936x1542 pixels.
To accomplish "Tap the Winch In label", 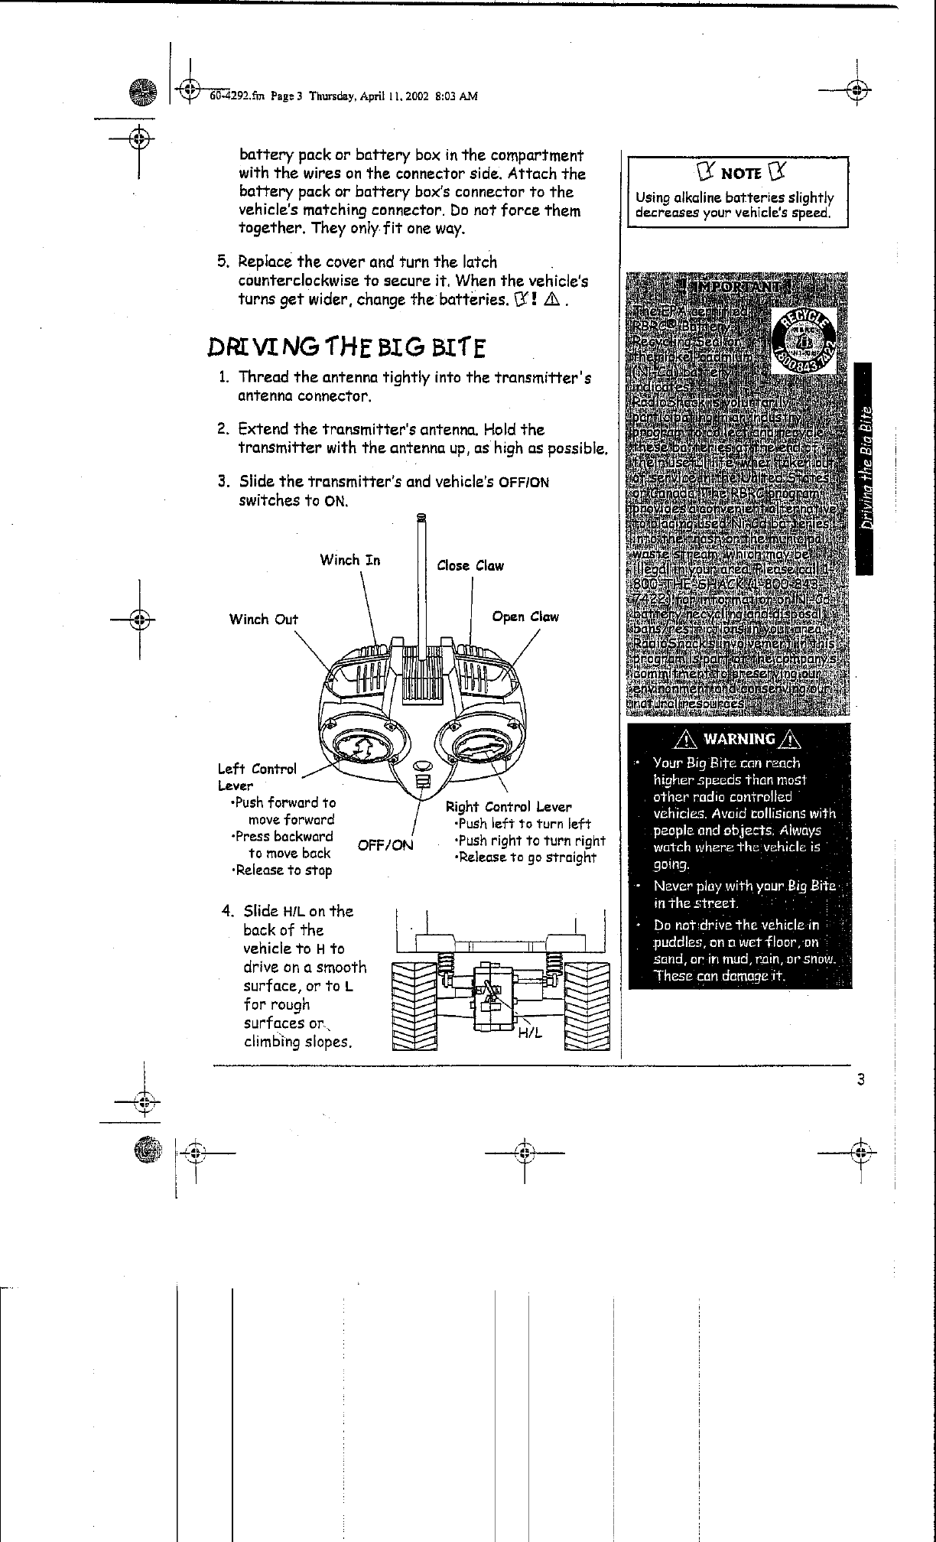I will tap(349, 560).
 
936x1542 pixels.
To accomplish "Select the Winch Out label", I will tap(263, 619).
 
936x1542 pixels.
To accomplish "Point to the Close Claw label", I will tap(470, 566).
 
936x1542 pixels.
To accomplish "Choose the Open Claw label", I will tap(525, 616).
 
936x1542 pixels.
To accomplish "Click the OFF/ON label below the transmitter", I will tap(385, 845).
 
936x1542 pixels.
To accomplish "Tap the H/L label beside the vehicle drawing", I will tap(529, 1033).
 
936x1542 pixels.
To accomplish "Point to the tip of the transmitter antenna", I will tap(421, 519).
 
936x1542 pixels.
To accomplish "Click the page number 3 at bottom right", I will tap(860, 1080).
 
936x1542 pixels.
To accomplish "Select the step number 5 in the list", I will tap(222, 262).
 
